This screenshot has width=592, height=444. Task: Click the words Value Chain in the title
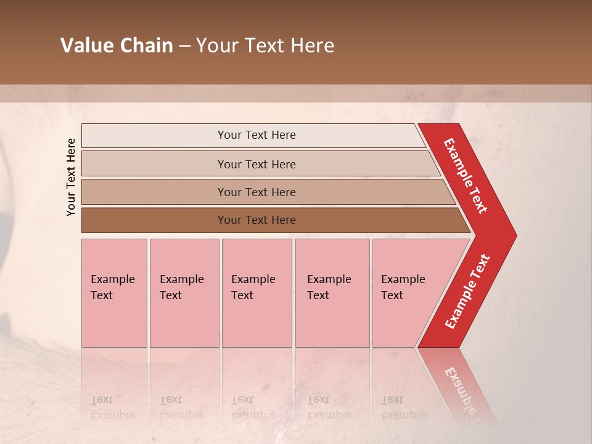[117, 46]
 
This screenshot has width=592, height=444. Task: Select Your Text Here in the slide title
[265, 46]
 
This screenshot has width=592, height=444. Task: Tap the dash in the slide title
[184, 46]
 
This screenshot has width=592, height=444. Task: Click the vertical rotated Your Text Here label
[72, 177]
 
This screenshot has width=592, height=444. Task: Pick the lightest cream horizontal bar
[253, 135]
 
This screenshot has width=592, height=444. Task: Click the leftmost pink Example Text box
[114, 293]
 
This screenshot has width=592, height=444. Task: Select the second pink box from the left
[184, 293]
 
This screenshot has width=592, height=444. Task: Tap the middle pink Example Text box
[257, 293]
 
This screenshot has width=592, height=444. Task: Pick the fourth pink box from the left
[332, 293]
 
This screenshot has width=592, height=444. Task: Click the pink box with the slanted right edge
[407, 293]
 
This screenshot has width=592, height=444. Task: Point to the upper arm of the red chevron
[466, 176]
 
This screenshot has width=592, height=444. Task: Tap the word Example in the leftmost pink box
[112, 279]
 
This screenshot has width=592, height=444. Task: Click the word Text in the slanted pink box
[392, 295]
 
